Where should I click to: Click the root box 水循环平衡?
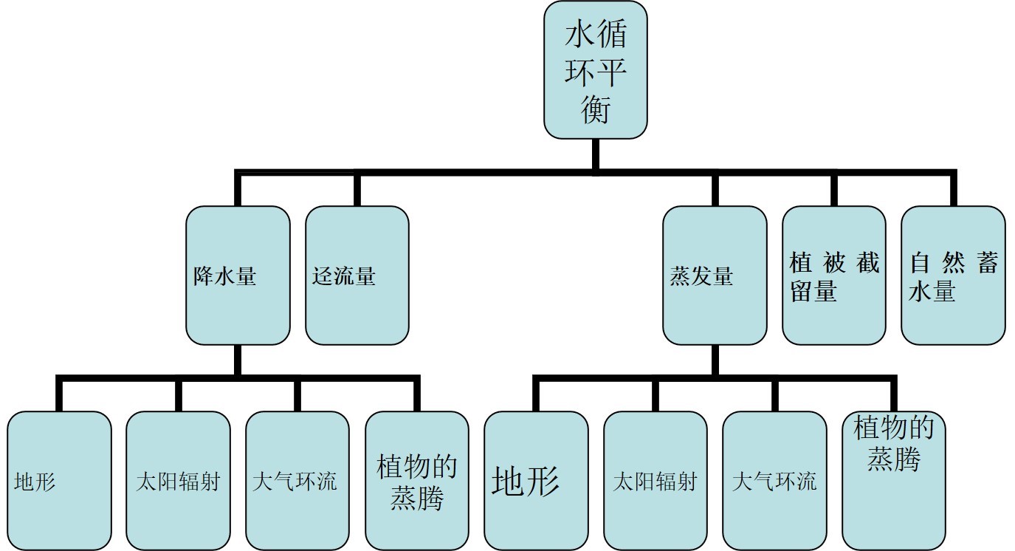[596, 70]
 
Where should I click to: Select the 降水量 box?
[238, 275]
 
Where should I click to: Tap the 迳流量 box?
[357, 275]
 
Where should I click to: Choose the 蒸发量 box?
[715, 275]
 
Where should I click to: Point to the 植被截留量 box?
[834, 275]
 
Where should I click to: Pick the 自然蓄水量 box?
[954, 275]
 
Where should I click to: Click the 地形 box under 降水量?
[59, 481]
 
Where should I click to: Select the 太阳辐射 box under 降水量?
[178, 481]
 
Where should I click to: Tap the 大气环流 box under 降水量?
[297, 481]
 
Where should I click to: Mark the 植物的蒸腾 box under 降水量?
[417, 481]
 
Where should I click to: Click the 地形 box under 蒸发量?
[537, 481]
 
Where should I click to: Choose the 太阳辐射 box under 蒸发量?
[656, 481]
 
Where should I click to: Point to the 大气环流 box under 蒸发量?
[775, 481]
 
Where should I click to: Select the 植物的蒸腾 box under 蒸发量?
[894, 481]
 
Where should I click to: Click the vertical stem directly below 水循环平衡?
[596, 154]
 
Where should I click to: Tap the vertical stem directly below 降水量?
[238, 360]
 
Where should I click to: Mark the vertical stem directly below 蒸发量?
[715, 360]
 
